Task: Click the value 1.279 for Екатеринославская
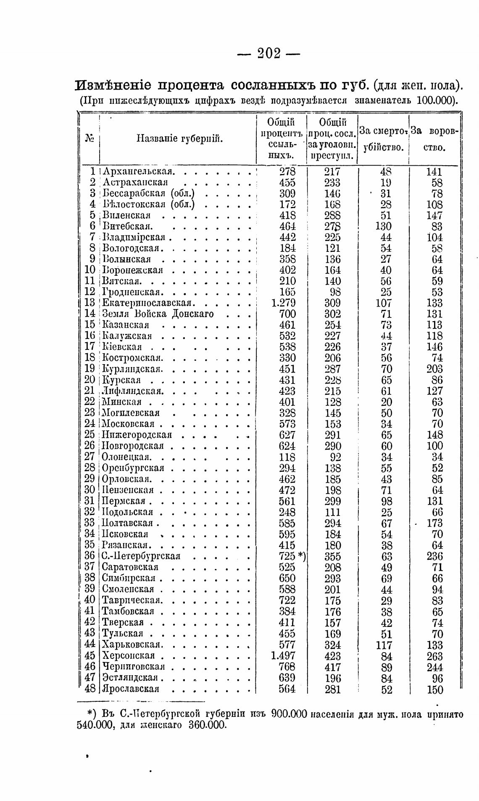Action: [x=284, y=303]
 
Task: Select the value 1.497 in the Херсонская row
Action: [x=284, y=656]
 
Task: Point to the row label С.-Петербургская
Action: [x=142, y=556]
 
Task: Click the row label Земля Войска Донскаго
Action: [x=158, y=314]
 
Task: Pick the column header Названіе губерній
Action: [x=180, y=139]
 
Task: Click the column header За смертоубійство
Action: [x=384, y=140]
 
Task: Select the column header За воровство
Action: [x=434, y=140]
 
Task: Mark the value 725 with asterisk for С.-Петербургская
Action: [x=292, y=556]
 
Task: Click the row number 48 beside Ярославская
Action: [x=90, y=689]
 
